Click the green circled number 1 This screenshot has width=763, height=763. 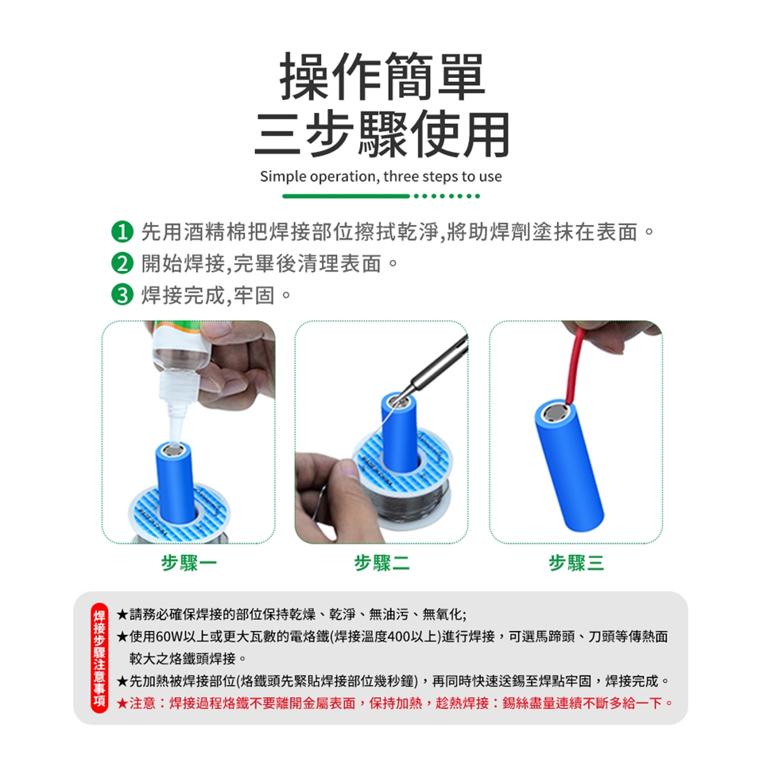tap(122, 232)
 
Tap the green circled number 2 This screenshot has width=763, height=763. tap(122, 263)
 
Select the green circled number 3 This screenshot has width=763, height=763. tap(122, 295)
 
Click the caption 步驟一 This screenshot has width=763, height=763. tap(189, 563)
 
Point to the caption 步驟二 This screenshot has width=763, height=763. tap(382, 563)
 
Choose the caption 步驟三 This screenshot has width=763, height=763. tap(576, 563)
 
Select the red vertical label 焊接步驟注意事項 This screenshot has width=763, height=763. tap(99, 658)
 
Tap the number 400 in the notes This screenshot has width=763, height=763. tap(400, 637)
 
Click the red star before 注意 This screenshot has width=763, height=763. tap(122, 703)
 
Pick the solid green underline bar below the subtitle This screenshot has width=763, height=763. tap(346, 196)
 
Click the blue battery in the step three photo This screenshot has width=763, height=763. tap(569, 465)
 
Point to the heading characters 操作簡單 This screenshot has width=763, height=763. tap(382, 76)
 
